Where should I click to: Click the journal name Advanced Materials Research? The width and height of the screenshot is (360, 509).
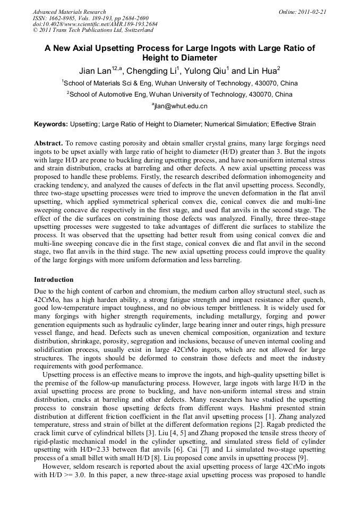point(69,12)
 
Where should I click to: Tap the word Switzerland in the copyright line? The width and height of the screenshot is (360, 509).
point(136,31)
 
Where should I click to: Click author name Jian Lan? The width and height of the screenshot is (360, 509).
point(93,71)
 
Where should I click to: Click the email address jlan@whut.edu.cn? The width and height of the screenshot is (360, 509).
point(180,106)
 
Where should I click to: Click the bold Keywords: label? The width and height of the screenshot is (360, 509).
point(51,125)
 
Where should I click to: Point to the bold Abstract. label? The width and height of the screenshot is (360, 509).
point(49,144)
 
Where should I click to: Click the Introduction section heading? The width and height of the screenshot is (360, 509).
point(54,280)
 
